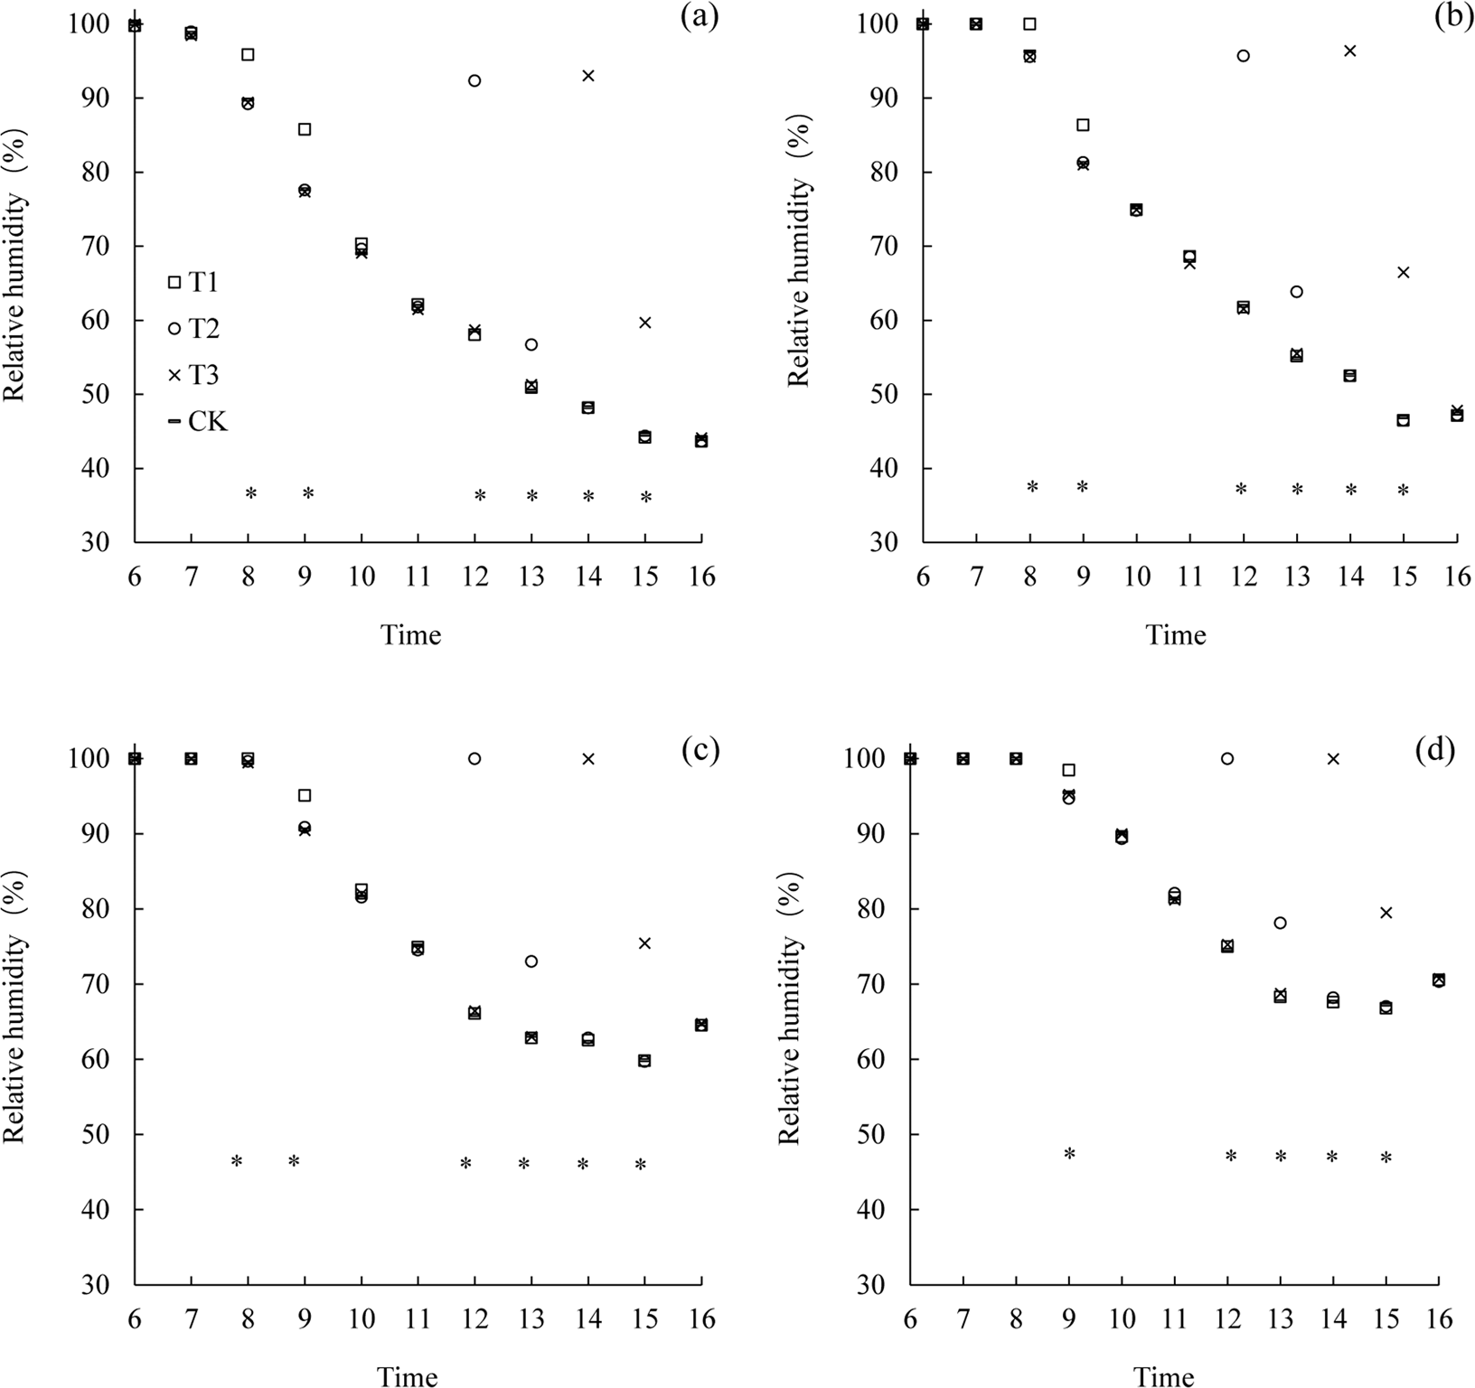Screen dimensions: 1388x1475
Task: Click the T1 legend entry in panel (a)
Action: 193,283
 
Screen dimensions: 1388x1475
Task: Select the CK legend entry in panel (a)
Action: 197,421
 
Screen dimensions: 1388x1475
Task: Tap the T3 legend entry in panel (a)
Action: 193,375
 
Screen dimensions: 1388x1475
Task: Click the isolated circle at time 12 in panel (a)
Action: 474,80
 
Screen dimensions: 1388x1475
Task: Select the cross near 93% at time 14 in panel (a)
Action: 588,75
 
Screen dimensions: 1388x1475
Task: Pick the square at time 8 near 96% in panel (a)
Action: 248,54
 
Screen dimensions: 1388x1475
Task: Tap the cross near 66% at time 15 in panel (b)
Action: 1404,272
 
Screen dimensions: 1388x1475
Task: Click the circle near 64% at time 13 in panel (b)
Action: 1297,292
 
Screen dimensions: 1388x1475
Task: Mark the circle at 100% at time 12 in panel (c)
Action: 474,758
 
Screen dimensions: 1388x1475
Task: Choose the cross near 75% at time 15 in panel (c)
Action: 644,943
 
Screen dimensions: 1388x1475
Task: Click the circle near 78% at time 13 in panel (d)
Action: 1280,923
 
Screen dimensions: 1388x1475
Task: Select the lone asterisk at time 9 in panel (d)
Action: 1070,1154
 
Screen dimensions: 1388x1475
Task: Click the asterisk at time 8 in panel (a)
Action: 251,493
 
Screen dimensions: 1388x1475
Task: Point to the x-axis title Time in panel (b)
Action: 1176,635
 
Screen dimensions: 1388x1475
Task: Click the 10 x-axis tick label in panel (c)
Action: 362,1320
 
